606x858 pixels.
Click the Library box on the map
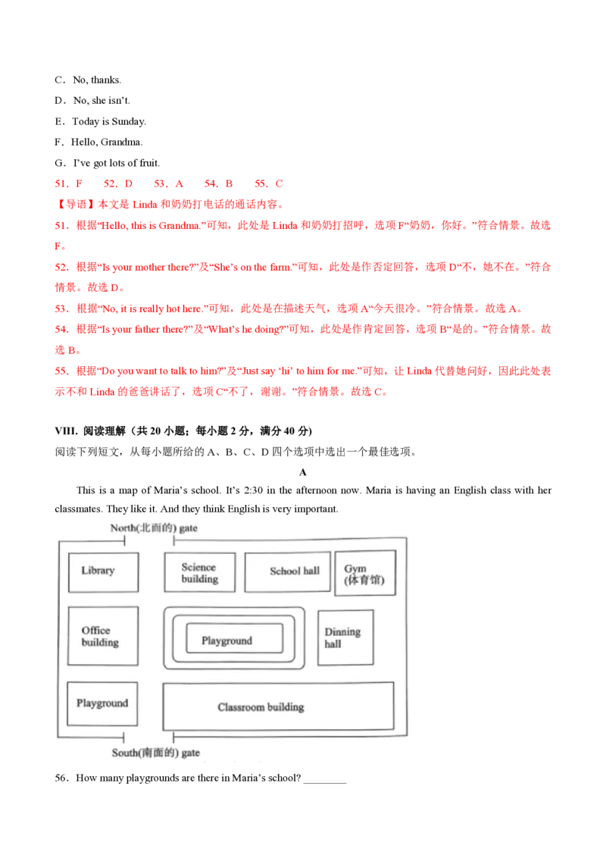tap(103, 571)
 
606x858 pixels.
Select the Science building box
tap(200, 571)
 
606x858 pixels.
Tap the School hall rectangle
tap(288, 571)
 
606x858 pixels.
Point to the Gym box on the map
tap(365, 573)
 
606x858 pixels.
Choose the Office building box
tap(103, 636)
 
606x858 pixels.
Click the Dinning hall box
tap(345, 637)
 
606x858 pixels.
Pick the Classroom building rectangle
tap(279, 706)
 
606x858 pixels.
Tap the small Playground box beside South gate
tap(102, 703)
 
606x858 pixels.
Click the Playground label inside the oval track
tap(227, 640)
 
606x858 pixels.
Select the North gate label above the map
tap(154, 528)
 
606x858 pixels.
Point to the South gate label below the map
tap(156, 753)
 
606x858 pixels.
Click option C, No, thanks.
tap(88, 80)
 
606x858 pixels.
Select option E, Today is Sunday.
tap(101, 121)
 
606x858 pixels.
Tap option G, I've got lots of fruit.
tap(108, 163)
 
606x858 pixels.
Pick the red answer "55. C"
tap(269, 184)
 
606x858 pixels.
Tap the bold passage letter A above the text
tap(303, 472)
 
